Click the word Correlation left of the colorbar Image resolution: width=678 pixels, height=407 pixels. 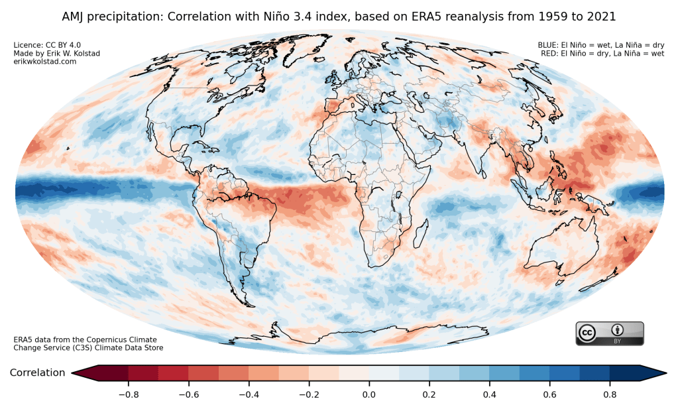(x=37, y=373)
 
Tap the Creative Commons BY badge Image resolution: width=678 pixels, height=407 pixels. (x=609, y=333)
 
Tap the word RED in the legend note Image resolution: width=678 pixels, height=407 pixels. (x=549, y=53)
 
